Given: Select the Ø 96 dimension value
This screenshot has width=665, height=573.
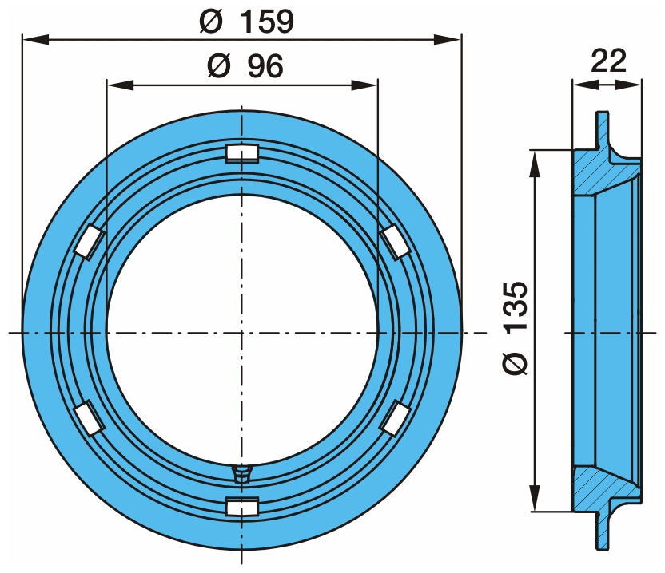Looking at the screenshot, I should coord(245,67).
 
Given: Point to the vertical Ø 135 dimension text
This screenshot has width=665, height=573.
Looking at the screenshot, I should coord(516,327).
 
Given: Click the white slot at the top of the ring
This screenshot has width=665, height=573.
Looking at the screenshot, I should coord(241,152).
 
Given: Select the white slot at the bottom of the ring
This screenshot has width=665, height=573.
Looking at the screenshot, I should coord(241,506).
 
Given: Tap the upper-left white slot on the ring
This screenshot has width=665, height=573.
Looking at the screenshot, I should coord(89,242).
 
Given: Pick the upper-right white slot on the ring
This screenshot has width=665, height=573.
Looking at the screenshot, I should coord(394,240).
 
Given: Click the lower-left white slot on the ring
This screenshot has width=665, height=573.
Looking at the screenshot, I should coord(89,417).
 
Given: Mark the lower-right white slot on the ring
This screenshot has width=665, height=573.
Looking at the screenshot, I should coord(394,417).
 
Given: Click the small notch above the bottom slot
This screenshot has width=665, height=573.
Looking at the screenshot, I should coord(241,473).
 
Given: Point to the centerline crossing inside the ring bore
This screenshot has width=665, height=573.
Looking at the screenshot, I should coord(241,331).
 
